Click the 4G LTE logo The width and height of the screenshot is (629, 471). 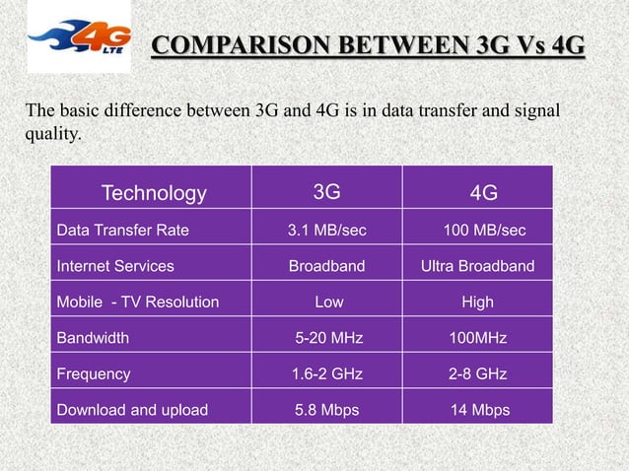click(78, 38)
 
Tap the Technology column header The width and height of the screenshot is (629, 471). click(154, 193)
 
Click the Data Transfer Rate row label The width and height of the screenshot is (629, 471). click(123, 231)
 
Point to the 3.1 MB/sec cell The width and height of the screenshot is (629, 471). click(326, 231)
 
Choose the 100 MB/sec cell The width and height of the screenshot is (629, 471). click(484, 231)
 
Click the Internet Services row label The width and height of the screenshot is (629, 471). click(115, 266)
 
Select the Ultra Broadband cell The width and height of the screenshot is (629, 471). click(478, 266)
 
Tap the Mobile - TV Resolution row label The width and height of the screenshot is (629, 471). click(138, 302)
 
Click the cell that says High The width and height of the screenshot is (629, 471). click(477, 302)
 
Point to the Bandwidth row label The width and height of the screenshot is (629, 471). click(93, 338)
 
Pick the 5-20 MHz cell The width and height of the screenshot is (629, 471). click(329, 338)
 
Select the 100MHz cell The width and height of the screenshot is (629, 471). click(478, 338)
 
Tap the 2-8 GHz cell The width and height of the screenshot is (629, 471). click(478, 374)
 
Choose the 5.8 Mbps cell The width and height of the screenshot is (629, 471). click(327, 410)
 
